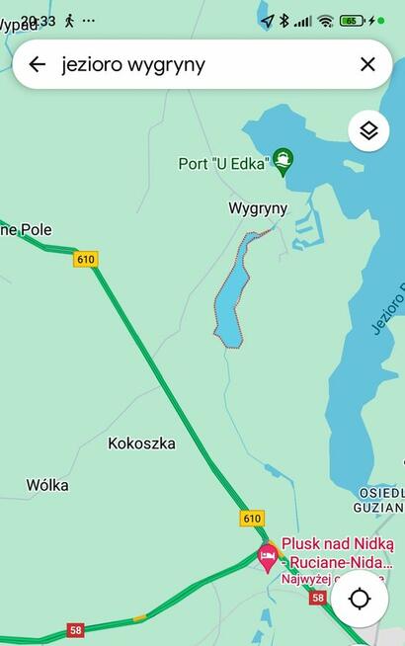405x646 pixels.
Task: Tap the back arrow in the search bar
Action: (38, 64)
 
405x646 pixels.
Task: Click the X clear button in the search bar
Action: (367, 64)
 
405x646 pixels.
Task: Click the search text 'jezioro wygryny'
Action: (133, 64)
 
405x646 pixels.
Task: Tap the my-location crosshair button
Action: (360, 600)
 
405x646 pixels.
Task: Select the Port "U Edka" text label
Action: (223, 163)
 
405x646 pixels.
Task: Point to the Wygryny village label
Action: (257, 208)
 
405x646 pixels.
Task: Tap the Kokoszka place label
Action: (141, 444)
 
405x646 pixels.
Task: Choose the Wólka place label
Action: (47, 485)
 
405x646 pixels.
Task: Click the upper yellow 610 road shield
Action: (86, 259)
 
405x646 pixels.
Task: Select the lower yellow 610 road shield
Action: (252, 518)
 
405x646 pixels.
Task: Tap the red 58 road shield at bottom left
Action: (75, 629)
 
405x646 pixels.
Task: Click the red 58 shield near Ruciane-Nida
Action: (317, 598)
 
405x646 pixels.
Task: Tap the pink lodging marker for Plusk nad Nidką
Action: (267, 556)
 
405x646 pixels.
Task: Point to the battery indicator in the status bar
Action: (352, 21)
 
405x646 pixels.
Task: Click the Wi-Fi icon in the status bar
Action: (325, 21)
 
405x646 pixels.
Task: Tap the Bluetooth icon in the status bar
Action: (283, 21)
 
